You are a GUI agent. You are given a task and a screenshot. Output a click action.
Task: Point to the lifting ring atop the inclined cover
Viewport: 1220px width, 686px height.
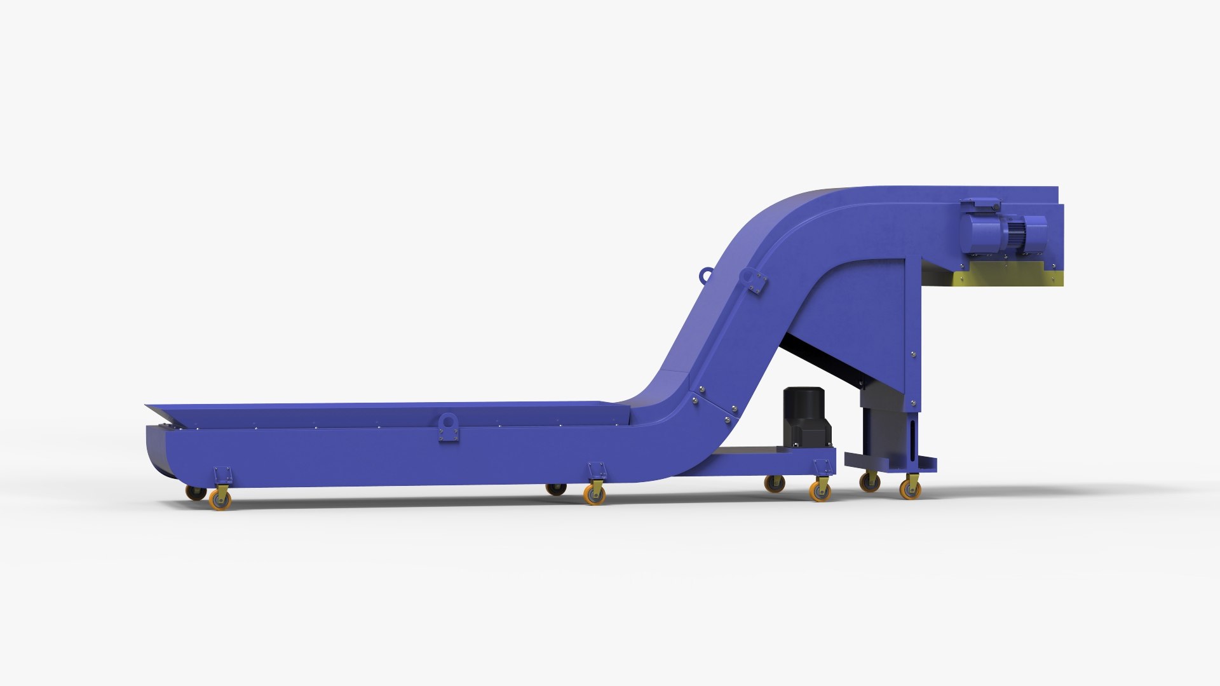(705, 276)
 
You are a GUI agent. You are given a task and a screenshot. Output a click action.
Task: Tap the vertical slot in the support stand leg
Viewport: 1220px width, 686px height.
(913, 438)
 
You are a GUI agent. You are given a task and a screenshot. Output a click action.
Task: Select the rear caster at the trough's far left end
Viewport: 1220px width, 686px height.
(195, 492)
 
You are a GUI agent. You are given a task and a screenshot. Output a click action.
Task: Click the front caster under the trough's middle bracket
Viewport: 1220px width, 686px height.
(595, 494)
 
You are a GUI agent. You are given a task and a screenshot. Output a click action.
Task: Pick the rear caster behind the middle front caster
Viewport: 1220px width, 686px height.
(556, 489)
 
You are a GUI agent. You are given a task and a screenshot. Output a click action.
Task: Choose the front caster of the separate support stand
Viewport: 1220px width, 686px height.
(910, 488)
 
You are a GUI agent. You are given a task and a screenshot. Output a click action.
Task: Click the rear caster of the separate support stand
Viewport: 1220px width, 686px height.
(869, 483)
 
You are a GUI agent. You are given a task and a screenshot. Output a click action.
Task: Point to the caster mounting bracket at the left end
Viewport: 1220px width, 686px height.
(222, 475)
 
